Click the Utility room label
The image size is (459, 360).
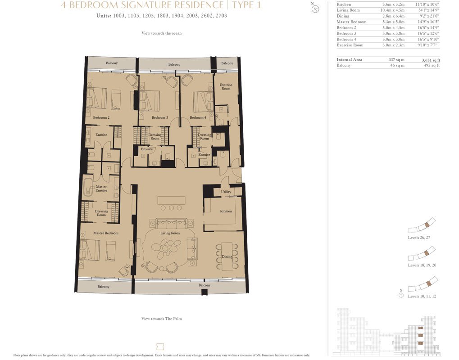pyautogui.click(x=226, y=192)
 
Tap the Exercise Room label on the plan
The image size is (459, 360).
pyautogui.click(x=226, y=86)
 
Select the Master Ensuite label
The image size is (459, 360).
pyautogui.click(x=101, y=189)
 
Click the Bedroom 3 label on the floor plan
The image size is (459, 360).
pyautogui.click(x=160, y=117)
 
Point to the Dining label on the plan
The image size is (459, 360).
pyautogui.click(x=227, y=257)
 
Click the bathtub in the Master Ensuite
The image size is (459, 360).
pyautogui.click(x=87, y=187)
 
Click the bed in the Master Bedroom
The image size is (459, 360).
pyautogui.click(x=90, y=249)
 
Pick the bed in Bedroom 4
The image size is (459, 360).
pyautogui.click(x=203, y=102)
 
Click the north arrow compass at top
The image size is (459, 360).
pyautogui.click(x=315, y=9)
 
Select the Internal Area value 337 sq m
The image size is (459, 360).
pyautogui.click(x=396, y=60)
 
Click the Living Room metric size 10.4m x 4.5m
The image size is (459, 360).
pyautogui.click(x=392, y=10)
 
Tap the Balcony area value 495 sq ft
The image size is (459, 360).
pyautogui.click(x=432, y=65)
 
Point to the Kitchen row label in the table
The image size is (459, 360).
pyautogui.click(x=344, y=4)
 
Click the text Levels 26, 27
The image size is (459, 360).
pyautogui.click(x=419, y=238)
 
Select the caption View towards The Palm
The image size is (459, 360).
pyautogui.click(x=162, y=319)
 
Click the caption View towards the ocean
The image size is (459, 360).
pyautogui.click(x=162, y=33)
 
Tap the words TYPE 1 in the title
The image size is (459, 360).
pyautogui.click(x=246, y=4)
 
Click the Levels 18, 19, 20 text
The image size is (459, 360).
pyautogui.click(x=422, y=265)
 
